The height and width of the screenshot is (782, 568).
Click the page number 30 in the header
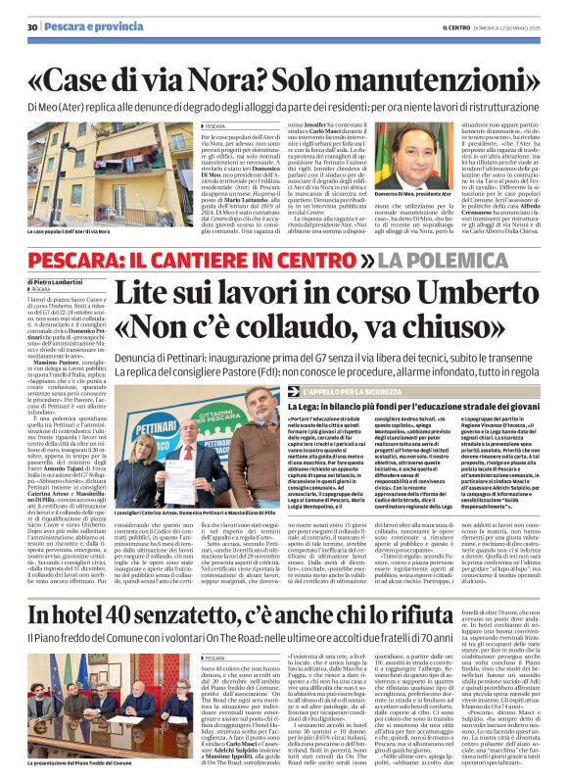pyautogui.click(x=31, y=26)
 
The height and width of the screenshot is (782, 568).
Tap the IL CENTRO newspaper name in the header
pyautogui.click(x=439, y=26)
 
